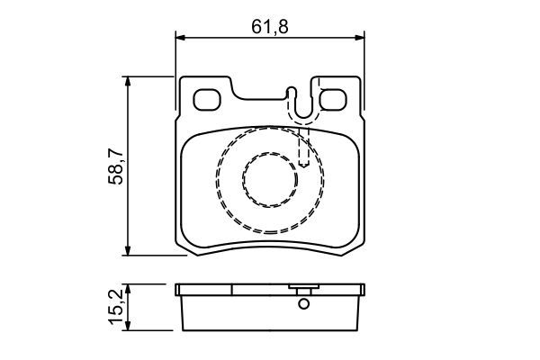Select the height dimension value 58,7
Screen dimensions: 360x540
(115, 166)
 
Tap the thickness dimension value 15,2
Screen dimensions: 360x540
(115, 308)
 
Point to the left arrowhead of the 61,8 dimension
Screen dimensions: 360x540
(179, 37)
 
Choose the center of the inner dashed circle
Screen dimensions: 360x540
(270, 180)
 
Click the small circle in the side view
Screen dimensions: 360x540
(303, 304)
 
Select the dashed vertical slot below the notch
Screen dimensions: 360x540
(304, 144)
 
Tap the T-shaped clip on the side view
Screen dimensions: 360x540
(303, 290)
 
